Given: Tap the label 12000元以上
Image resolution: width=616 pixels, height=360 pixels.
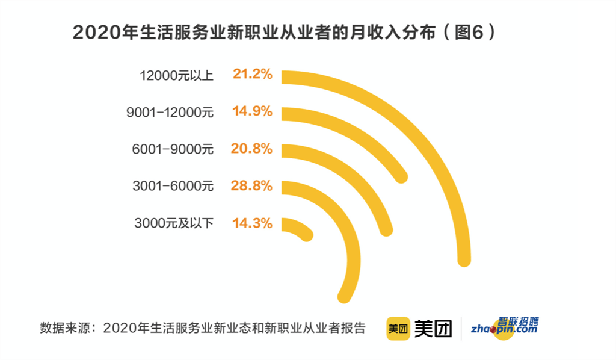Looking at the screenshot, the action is [x=176, y=75].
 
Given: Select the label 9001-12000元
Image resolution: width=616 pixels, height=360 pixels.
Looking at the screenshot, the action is [x=170, y=113].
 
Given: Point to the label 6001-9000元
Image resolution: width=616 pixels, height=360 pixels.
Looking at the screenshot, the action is [x=173, y=149].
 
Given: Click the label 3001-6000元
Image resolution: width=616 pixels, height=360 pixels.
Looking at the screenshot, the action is [x=173, y=186].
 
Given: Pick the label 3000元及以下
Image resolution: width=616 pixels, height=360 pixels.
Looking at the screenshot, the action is [x=174, y=223].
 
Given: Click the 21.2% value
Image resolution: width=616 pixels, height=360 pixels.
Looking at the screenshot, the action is [x=252, y=74].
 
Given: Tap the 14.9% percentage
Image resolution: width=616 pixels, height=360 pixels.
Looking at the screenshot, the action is [x=252, y=111].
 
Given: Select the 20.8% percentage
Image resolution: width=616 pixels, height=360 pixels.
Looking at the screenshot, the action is [x=251, y=149].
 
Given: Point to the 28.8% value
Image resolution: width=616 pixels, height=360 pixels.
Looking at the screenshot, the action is [x=251, y=185].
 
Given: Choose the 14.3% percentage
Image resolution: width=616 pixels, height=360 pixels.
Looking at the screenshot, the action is [x=252, y=223].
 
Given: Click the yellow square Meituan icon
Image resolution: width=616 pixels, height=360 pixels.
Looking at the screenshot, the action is [x=398, y=328].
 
